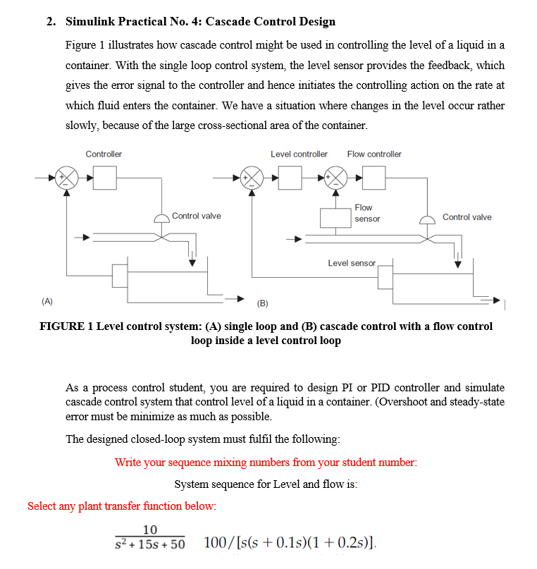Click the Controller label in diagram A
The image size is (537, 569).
pyautogui.click(x=104, y=154)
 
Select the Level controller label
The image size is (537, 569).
pyautogui.click(x=299, y=154)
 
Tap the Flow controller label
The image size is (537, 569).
pyautogui.click(x=374, y=154)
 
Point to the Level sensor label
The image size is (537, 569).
pyautogui.click(x=352, y=263)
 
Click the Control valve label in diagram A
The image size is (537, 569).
pyautogui.click(x=196, y=216)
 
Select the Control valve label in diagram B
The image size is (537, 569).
pyautogui.click(x=467, y=217)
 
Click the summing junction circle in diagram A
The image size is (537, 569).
pyautogui.click(x=67, y=177)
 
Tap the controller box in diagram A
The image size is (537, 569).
pyautogui.click(x=104, y=177)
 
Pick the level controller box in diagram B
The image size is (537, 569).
pyautogui.click(x=289, y=177)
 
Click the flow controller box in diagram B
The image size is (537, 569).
pyautogui.click(x=374, y=177)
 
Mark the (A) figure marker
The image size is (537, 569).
pyautogui.click(x=47, y=301)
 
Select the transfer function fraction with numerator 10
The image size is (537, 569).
pyautogui.click(x=149, y=537)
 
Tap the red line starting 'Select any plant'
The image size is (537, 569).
pyautogui.click(x=122, y=506)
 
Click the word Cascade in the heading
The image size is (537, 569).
pyautogui.click(x=228, y=21)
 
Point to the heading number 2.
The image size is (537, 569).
pyautogui.click(x=51, y=21)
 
